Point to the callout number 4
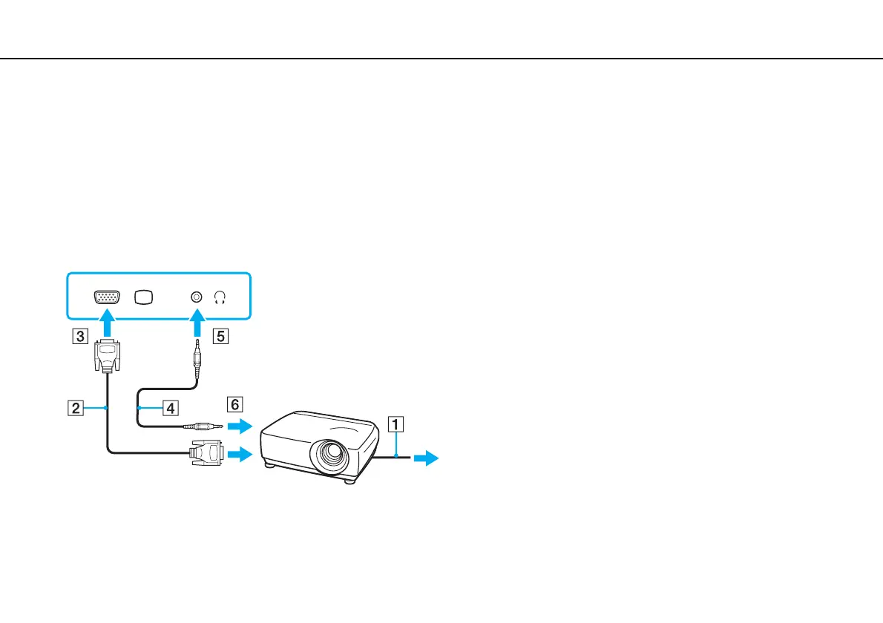(x=171, y=407)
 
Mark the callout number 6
(x=234, y=404)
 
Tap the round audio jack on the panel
(x=196, y=296)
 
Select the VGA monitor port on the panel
(x=108, y=296)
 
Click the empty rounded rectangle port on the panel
(x=144, y=296)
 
